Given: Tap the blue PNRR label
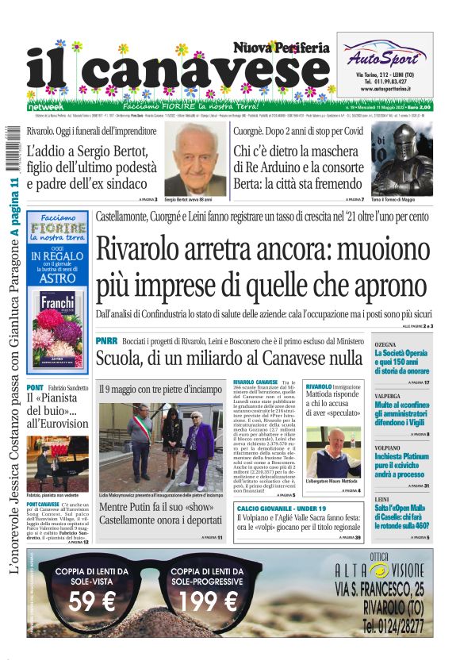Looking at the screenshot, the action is pos(106,340).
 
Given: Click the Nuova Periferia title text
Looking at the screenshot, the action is pos(282,48).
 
